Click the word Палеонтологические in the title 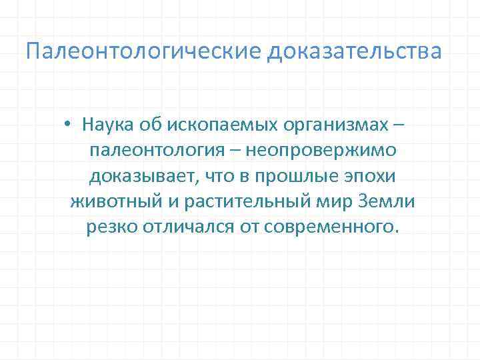point(144,51)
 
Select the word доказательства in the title point(355,51)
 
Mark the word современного point(332,227)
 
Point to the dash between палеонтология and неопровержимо point(236,151)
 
